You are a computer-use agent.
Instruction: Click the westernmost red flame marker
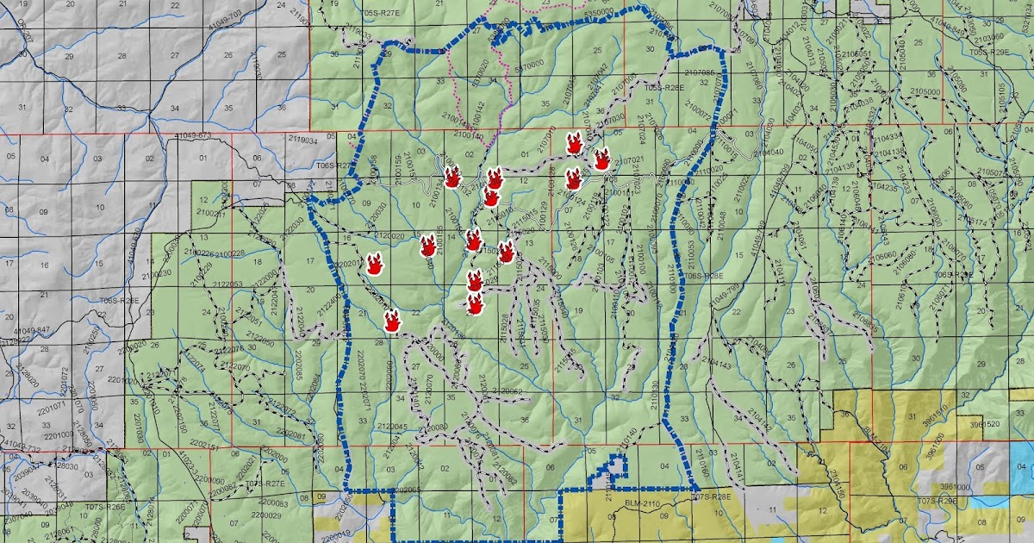(374, 264)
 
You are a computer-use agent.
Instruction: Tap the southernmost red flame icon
(392, 322)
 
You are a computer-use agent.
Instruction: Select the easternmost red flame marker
(602, 159)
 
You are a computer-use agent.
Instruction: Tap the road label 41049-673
(192, 136)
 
